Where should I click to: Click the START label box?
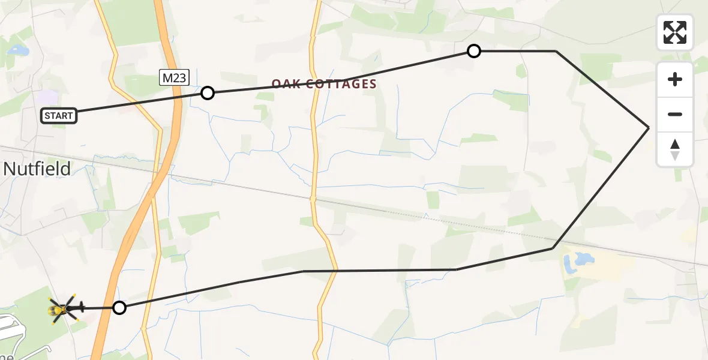pos(59,116)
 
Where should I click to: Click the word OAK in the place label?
pos(285,85)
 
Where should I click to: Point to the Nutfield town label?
pos(37,169)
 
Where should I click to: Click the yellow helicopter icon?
pos(62,309)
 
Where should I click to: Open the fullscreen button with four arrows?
pos(675,32)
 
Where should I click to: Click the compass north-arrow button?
pos(675,149)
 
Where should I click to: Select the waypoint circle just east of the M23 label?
pos(208,93)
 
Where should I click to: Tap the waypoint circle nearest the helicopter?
pos(120,308)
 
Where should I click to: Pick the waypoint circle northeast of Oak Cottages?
pos(474,51)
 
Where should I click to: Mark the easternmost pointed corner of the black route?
pos(649,128)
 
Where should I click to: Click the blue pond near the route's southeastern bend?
pos(579,260)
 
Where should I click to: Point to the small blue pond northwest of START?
pos(16,50)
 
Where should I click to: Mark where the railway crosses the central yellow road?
pos(312,197)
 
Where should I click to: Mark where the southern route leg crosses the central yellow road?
pos(334,271)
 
